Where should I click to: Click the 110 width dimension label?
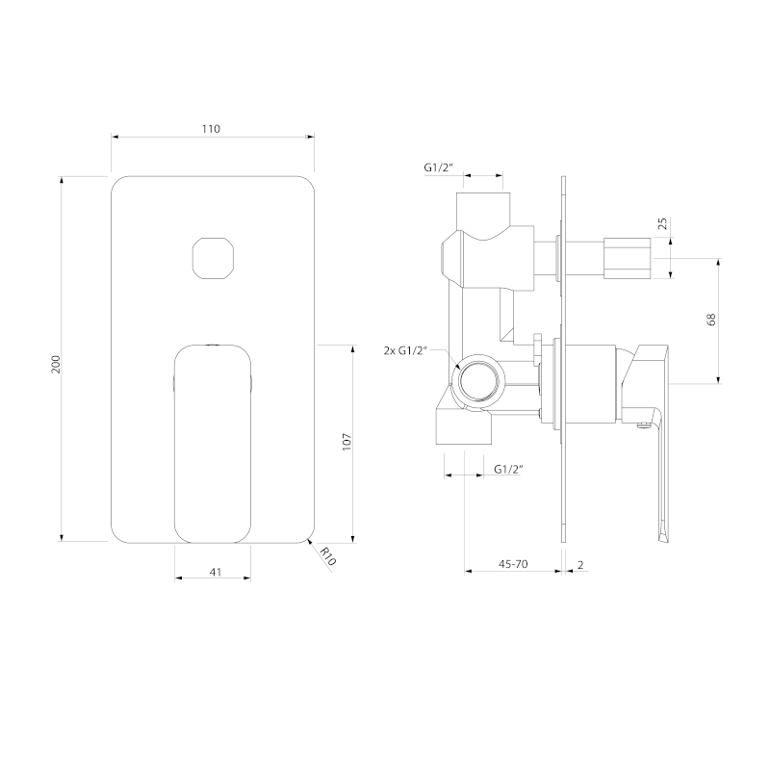(211, 129)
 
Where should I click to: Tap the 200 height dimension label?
(56, 364)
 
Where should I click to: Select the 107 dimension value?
(347, 442)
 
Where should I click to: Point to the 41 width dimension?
(216, 572)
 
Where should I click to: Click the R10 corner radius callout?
(327, 556)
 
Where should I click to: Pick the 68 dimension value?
(711, 320)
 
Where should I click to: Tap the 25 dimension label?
(662, 223)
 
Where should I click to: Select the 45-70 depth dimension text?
(513, 564)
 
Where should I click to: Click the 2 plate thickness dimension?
(580, 565)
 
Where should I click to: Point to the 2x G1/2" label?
(405, 350)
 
